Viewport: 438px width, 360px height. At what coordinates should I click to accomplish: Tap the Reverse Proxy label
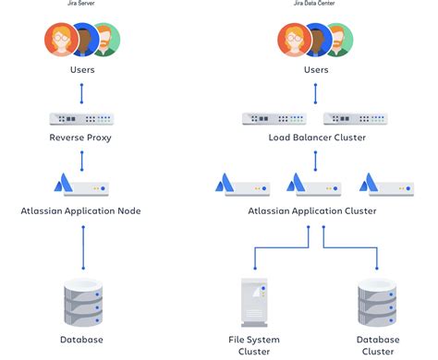[x=82, y=138]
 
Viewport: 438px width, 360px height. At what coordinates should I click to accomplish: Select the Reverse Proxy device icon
[x=82, y=119]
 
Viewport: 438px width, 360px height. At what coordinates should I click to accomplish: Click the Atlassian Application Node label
[x=82, y=210]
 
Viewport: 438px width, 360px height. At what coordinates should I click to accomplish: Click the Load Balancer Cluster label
[x=316, y=138]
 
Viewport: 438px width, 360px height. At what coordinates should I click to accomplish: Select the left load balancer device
[x=274, y=119]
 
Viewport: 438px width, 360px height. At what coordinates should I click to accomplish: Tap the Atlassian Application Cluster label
[x=312, y=210]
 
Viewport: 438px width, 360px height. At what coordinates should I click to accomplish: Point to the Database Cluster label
[x=379, y=345]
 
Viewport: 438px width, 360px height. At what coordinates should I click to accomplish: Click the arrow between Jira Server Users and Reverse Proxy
[x=82, y=94]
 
